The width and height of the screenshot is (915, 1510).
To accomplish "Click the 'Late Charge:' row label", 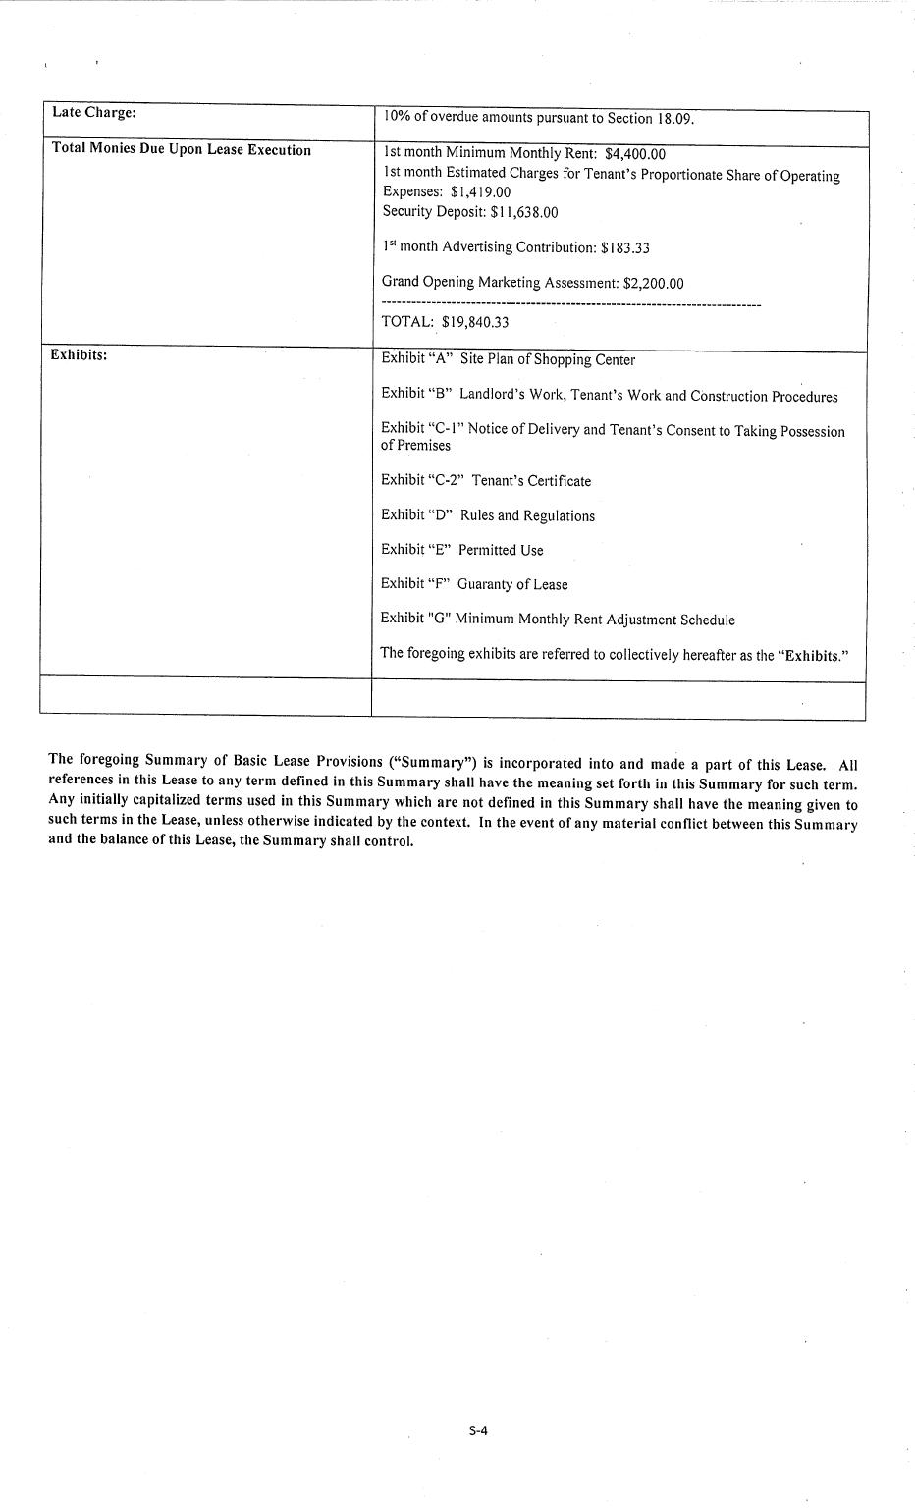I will coord(93,112).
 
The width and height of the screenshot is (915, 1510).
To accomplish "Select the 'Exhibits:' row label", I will coord(79,354).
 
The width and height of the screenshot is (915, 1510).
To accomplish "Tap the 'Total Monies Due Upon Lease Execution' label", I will coord(181,150).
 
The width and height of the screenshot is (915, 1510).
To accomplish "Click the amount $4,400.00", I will coord(635,154).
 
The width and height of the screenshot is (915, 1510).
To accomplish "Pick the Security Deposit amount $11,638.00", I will coord(524,212).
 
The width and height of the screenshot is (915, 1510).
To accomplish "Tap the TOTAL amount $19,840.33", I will coord(475,322).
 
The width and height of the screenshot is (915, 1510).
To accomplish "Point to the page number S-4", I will coord(478,1430).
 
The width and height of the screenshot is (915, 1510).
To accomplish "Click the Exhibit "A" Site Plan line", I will coord(508,359).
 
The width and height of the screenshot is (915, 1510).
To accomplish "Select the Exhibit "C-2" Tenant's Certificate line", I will coord(486,481).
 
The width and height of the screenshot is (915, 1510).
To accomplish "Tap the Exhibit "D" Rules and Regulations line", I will coord(488,516).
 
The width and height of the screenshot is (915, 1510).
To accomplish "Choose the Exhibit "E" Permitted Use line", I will coord(461,550).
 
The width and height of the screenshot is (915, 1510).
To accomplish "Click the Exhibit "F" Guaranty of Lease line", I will coord(474,584).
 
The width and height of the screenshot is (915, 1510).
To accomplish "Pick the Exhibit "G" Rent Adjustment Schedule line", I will coord(558,620).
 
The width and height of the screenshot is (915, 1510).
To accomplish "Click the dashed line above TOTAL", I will coord(570,304).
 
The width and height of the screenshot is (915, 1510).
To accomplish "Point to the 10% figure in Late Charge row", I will coord(396,117).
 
